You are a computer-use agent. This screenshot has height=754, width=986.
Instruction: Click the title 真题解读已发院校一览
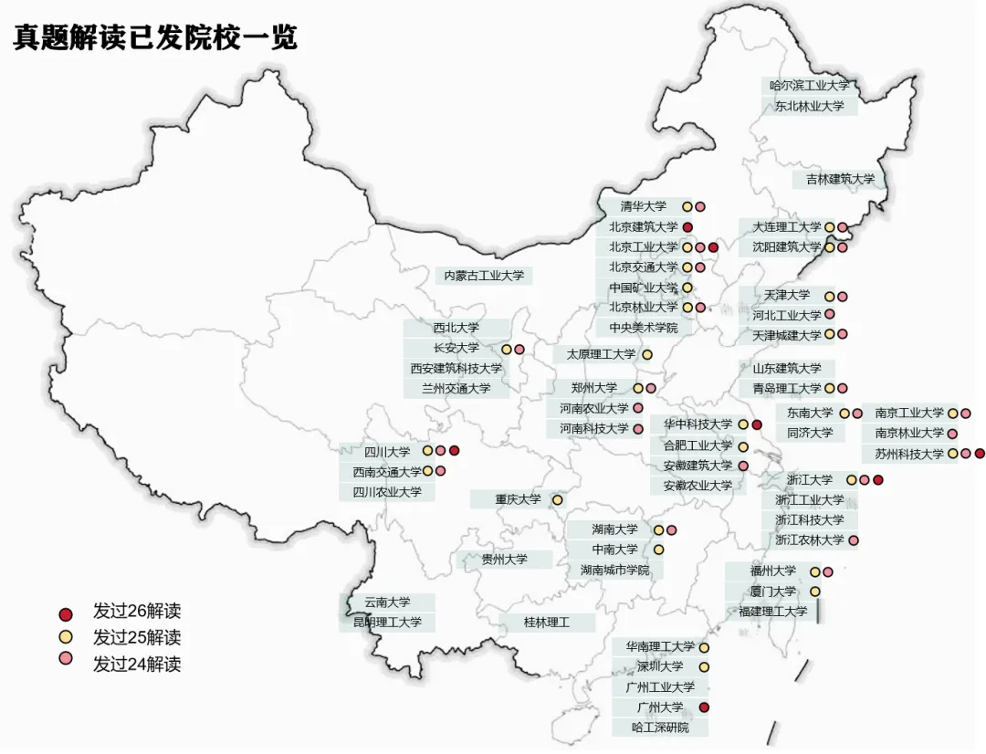(155, 38)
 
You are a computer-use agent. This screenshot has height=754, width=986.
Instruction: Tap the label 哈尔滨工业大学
(810, 86)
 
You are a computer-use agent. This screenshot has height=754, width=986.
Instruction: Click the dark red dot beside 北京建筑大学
(687, 226)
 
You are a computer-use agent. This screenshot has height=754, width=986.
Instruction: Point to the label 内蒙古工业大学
(484, 275)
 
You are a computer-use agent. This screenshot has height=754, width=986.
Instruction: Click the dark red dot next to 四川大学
(454, 450)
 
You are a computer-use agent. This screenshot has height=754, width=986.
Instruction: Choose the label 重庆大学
(518, 499)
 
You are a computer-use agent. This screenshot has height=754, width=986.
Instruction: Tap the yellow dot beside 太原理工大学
(647, 354)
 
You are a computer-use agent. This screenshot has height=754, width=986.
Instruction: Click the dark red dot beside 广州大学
(704, 707)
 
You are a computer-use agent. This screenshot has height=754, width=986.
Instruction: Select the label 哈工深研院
(660, 728)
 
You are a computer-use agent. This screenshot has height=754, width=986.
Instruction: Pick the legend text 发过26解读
(137, 611)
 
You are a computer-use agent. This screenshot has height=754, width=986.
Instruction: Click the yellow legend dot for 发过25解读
(65, 636)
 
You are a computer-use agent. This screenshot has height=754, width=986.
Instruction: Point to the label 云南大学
(387, 602)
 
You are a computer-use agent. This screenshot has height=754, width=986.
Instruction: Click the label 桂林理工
(546, 623)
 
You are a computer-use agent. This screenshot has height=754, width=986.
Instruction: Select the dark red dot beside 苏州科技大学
(980, 454)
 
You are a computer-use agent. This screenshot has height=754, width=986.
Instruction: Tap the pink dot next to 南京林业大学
(952, 434)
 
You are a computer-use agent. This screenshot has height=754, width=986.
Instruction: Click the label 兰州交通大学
(456, 388)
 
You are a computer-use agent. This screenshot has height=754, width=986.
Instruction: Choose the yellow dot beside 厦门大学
(815, 592)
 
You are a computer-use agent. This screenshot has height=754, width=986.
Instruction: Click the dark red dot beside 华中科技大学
(757, 424)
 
